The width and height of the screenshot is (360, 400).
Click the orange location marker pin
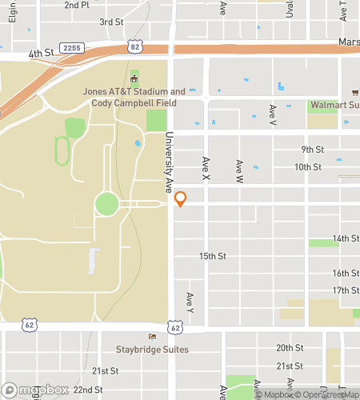coord(181,199)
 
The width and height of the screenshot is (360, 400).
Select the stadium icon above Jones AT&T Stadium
coord(134,79)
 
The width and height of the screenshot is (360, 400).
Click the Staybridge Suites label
coord(151,350)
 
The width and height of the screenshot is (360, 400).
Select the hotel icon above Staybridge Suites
coord(151,337)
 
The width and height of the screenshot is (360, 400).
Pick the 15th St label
coord(213,256)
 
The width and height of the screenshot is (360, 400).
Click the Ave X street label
coord(206,167)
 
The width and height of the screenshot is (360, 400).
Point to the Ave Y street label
coord(190,302)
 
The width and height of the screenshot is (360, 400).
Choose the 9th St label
coord(312,150)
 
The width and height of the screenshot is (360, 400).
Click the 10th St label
coord(307,167)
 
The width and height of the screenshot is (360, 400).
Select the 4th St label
coord(40,54)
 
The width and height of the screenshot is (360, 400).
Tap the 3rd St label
coord(110,22)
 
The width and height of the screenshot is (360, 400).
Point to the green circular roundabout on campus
coord(106,204)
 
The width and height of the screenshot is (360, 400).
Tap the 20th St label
coord(290,348)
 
